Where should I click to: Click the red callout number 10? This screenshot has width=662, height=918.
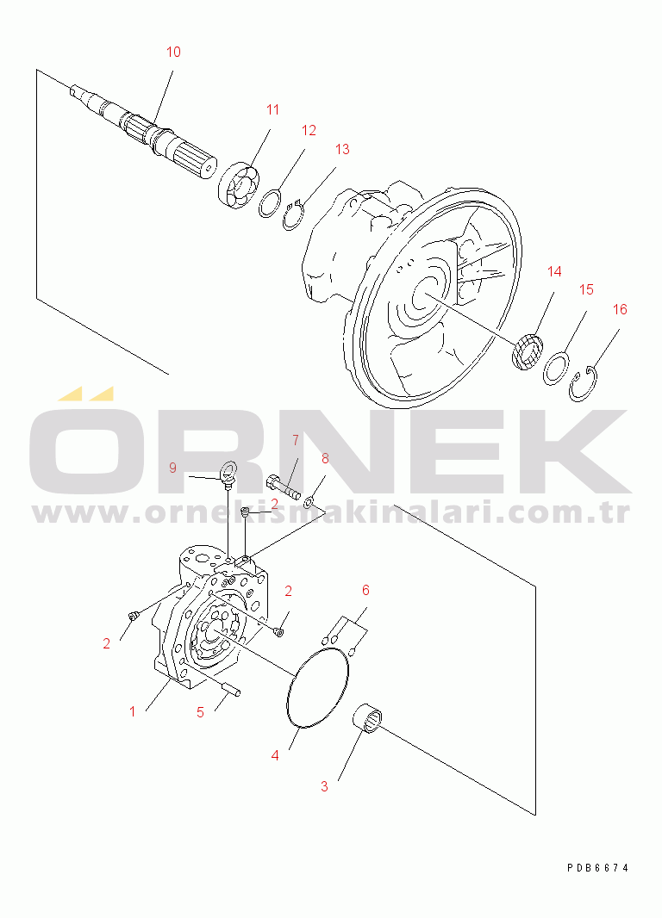pyautogui.click(x=173, y=53)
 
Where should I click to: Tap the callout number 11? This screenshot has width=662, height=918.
pyautogui.click(x=273, y=109)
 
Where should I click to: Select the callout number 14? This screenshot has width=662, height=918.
pyautogui.click(x=554, y=271)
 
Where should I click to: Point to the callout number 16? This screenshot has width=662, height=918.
pyautogui.click(x=620, y=309)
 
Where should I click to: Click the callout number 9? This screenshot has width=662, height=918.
pyautogui.click(x=172, y=468)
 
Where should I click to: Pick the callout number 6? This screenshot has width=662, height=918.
pyautogui.click(x=365, y=590)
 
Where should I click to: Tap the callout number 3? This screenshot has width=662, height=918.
pyautogui.click(x=325, y=786)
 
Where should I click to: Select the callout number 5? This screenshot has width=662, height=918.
pyautogui.click(x=200, y=712)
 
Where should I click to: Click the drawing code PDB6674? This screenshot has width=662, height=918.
pyautogui.click(x=597, y=868)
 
